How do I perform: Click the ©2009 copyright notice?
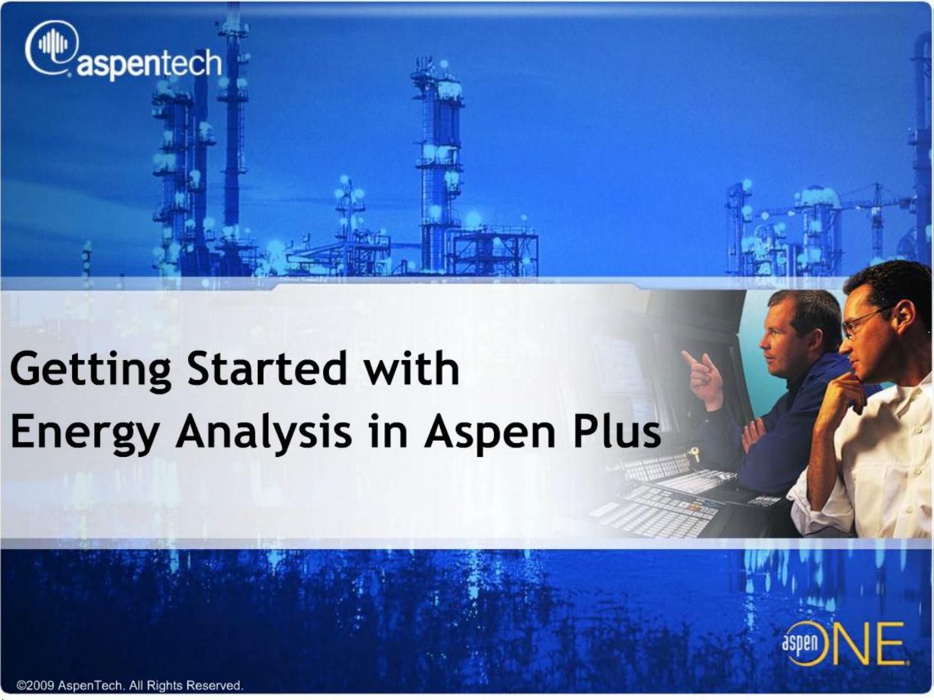click(x=130, y=685)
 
